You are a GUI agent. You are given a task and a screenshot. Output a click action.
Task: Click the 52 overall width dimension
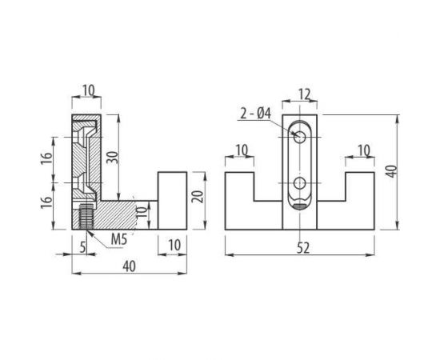[303, 248]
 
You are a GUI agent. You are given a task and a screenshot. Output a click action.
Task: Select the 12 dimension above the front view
[304, 94]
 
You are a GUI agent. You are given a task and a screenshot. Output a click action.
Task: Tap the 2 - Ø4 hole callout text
[255, 114]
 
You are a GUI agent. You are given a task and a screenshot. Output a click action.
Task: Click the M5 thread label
[119, 239]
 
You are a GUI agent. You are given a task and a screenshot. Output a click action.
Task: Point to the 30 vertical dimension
[112, 158]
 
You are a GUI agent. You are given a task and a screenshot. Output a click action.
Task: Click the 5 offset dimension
[82, 247]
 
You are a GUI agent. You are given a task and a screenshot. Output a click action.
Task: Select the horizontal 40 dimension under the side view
[130, 266]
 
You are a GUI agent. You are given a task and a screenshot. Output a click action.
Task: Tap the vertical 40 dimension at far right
[391, 171]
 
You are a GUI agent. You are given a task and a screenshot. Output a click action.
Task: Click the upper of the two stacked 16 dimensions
[47, 158]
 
